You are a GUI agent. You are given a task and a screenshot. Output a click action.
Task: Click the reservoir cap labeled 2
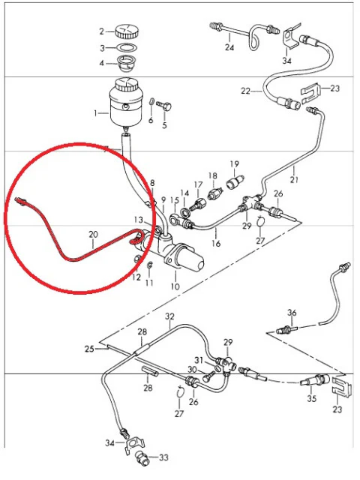(127, 31)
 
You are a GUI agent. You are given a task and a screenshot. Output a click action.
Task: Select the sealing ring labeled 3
(127, 48)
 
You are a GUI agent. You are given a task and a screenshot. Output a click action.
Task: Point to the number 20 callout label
(93, 235)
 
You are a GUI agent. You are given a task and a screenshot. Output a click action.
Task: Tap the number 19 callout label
(235, 164)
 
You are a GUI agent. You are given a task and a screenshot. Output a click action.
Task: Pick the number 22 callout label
(245, 91)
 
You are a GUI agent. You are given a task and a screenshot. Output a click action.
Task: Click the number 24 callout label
(229, 47)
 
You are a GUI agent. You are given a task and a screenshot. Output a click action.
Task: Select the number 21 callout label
(294, 179)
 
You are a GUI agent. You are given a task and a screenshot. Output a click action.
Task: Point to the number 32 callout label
(169, 316)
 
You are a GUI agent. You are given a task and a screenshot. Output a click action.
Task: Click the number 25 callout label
(89, 349)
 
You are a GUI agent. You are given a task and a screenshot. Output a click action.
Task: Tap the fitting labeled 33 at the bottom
(142, 457)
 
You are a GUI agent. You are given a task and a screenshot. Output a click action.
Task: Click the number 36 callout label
(292, 313)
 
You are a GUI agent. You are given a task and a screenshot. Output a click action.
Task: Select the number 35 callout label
(312, 398)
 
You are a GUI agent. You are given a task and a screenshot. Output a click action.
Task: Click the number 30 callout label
(192, 370)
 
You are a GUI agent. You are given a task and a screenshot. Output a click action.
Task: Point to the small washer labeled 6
(151, 101)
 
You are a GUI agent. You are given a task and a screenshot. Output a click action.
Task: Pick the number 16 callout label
(216, 243)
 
